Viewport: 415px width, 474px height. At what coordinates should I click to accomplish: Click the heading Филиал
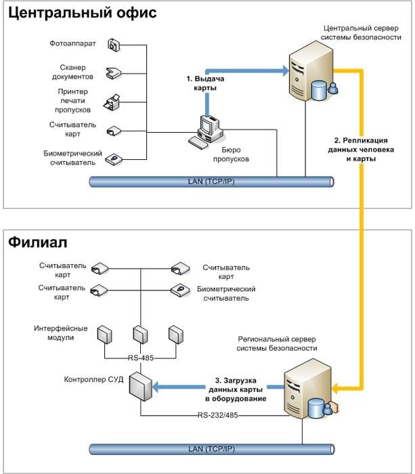click(x=38, y=242)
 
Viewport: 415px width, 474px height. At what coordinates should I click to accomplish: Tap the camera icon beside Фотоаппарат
click(x=113, y=45)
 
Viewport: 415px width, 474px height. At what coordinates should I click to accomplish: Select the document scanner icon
click(x=113, y=72)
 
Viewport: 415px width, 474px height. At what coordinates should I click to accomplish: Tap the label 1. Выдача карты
click(x=204, y=83)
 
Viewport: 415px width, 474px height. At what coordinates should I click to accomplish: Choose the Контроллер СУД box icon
click(x=139, y=387)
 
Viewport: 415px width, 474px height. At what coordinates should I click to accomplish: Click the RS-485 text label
click(x=141, y=358)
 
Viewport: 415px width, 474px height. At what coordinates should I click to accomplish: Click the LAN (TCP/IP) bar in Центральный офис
click(x=211, y=181)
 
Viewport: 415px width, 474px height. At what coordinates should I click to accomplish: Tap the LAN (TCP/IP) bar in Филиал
click(x=211, y=449)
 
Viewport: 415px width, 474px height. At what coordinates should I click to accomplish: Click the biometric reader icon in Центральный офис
click(x=113, y=158)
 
